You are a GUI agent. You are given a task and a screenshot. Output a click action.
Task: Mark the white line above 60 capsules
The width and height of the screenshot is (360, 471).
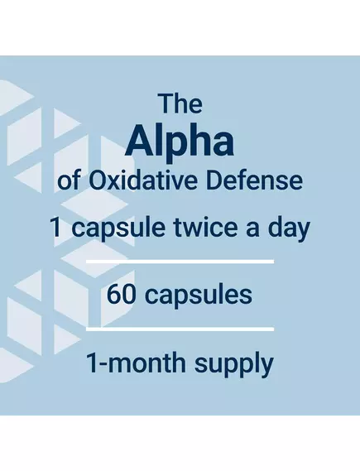180,262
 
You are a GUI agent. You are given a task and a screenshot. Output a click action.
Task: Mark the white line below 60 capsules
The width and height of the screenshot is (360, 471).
180,329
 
